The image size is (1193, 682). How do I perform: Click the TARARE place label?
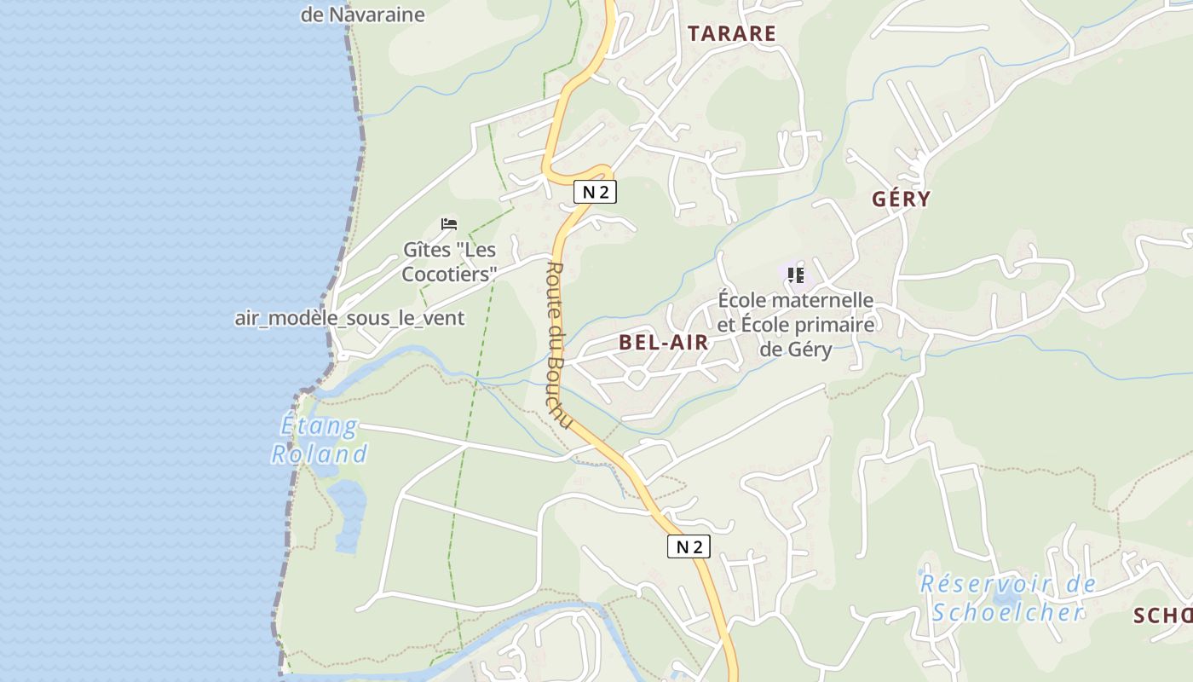(732, 34)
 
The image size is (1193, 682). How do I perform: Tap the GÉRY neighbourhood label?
(901, 199)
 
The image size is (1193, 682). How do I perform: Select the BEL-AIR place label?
(664, 343)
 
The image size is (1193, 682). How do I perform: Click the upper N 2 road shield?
(595, 192)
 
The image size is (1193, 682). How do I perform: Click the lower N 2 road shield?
(688, 546)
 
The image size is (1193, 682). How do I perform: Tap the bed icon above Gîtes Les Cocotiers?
(449, 224)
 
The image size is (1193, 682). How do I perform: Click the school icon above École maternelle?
(796, 275)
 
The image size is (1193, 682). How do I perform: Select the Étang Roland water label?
(320, 439)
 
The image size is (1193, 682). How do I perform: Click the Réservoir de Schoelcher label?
(1007, 598)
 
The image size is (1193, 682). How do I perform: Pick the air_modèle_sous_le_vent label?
(349, 319)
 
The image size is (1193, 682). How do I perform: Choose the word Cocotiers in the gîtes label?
(449, 275)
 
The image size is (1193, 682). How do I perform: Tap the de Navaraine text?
(362, 14)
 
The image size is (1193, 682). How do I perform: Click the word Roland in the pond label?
(320, 454)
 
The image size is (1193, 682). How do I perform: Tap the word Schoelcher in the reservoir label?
(1007, 612)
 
